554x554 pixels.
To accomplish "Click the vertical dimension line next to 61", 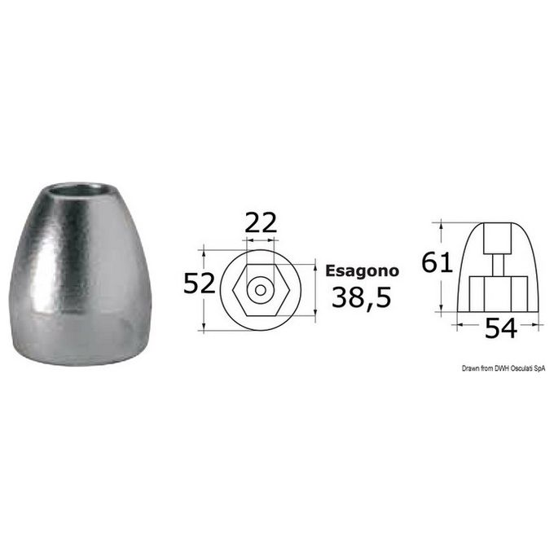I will coord(441,265).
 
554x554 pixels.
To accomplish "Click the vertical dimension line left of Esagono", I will coord(314,288).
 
